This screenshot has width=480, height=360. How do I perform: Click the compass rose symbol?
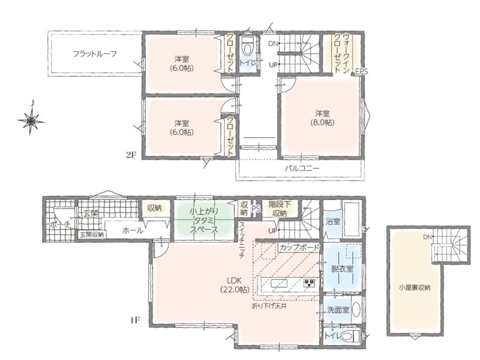[x=31, y=120]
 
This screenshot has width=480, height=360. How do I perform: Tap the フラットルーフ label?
[x=95, y=54]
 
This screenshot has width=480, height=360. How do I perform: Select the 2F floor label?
[x=131, y=155]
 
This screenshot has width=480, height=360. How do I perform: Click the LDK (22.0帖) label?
[x=235, y=284]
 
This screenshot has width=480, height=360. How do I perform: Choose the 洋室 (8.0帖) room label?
[x=322, y=118]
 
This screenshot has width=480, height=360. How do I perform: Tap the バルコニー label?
[x=302, y=169]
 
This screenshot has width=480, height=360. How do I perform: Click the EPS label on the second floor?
[x=362, y=72]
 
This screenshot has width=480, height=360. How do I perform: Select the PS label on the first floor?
[x=256, y=208]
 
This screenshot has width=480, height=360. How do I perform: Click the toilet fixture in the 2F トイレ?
[x=247, y=48]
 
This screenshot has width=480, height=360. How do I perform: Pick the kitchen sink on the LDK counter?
[x=278, y=283]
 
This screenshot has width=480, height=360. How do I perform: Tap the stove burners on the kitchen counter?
[x=309, y=283]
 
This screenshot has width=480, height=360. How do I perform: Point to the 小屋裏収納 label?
[x=415, y=288]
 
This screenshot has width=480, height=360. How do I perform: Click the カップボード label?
[x=299, y=247]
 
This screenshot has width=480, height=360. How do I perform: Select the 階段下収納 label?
[x=279, y=208]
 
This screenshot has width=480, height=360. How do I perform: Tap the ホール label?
[x=133, y=230]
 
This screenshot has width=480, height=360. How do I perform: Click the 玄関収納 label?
[x=92, y=235]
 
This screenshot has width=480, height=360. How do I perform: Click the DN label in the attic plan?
[x=427, y=237]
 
